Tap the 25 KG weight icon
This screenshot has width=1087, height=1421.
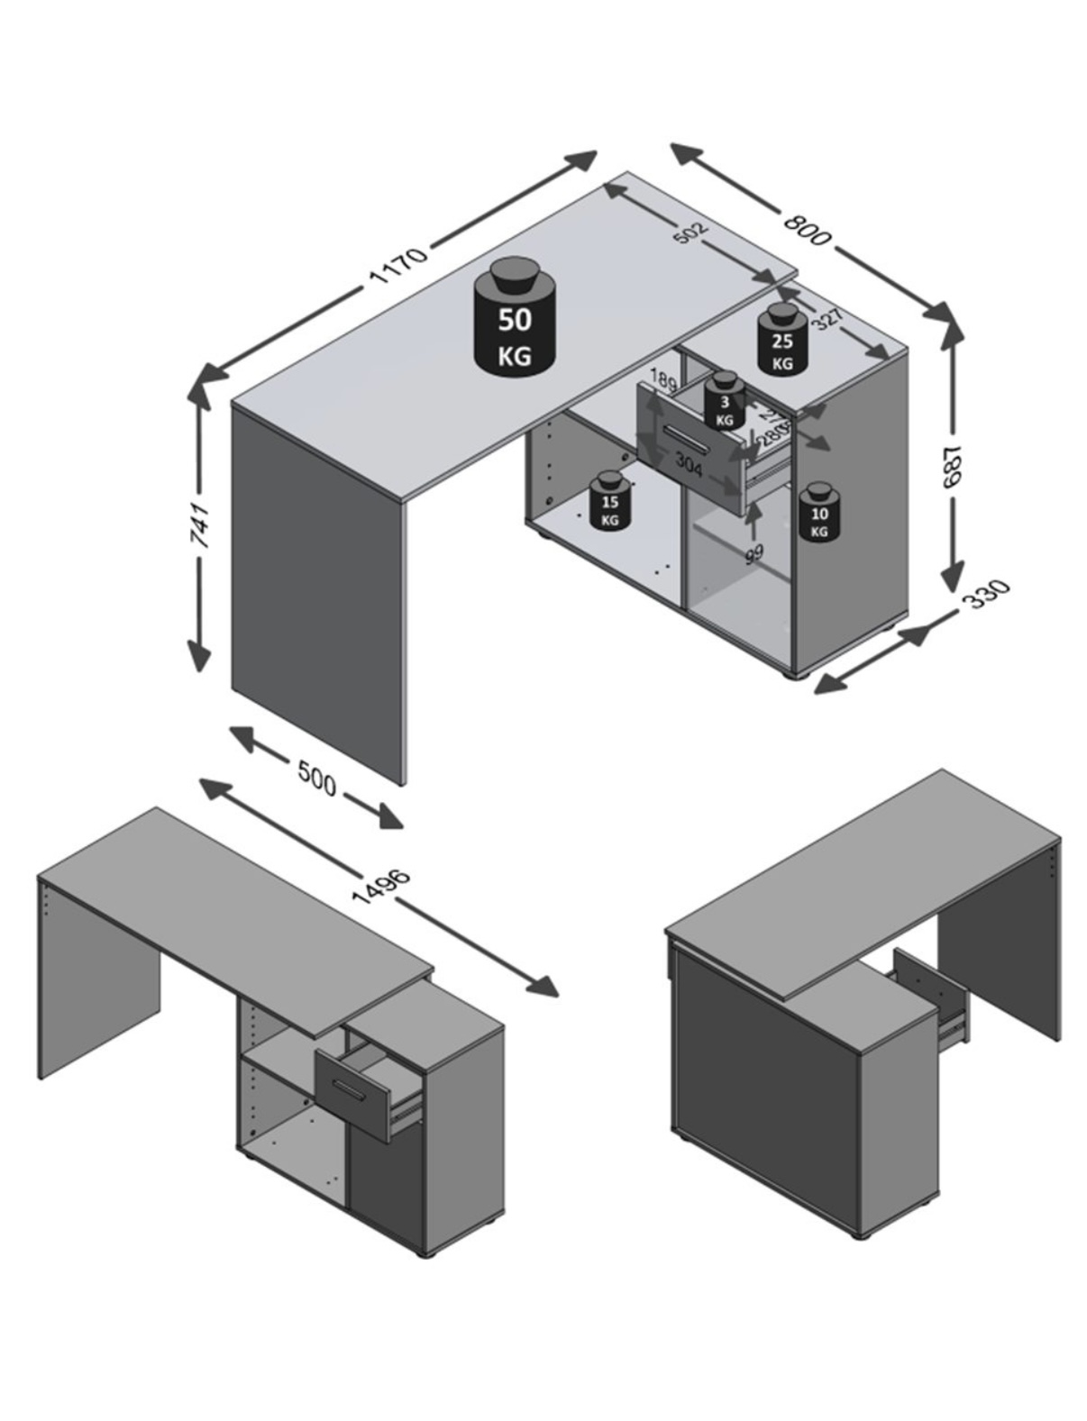click(x=781, y=342)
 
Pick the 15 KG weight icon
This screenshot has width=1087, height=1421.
click(x=610, y=503)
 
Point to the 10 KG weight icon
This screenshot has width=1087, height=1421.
click(x=819, y=515)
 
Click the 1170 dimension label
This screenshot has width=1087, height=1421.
click(x=397, y=265)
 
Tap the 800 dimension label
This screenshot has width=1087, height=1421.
click(x=806, y=228)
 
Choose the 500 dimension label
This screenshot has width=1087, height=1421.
click(x=316, y=778)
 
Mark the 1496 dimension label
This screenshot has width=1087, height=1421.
click(x=382, y=886)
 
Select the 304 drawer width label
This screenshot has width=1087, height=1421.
click(x=689, y=464)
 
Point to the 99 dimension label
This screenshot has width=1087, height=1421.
click(x=754, y=552)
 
